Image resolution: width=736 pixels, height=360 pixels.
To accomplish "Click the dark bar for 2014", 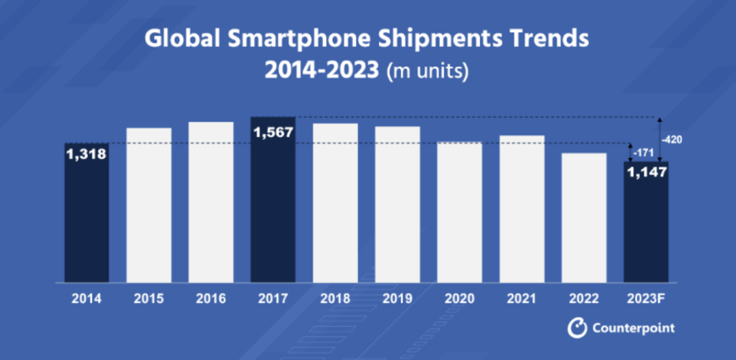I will point(87,218).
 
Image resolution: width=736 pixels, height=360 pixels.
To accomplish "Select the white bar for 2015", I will point(149,205).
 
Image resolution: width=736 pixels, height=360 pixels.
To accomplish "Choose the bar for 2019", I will point(398,204).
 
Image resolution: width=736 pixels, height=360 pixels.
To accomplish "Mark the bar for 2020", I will point(460,212).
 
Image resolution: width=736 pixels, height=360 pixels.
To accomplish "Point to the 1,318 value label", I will point(87,155).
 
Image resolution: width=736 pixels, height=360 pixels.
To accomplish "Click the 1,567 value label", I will point(273,132).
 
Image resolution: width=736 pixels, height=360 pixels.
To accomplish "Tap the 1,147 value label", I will point(647,172).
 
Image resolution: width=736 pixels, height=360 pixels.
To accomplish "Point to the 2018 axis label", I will point(335,299).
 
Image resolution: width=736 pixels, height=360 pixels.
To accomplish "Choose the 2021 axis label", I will point(522,299).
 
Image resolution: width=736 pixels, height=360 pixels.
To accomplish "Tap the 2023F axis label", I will point(647,299).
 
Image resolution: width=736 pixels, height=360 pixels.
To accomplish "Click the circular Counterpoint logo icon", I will point(577,328).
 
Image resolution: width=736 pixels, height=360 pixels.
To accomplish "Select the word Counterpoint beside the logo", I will point(633,328).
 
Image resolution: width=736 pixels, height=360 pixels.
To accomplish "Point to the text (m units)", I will point(427,71).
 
